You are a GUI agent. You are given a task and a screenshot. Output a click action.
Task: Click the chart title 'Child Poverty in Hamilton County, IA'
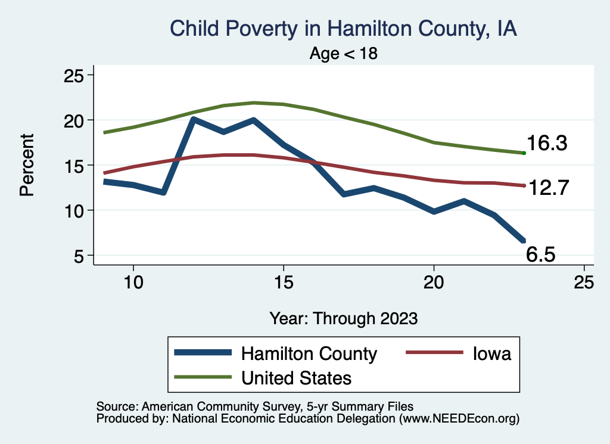(343, 29)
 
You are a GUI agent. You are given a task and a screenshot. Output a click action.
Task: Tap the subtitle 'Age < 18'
(344, 54)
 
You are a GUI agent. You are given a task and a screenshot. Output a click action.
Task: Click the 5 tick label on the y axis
(77, 256)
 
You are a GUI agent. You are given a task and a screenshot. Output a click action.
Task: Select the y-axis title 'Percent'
(27, 165)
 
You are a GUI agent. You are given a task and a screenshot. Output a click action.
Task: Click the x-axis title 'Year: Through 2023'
(343, 318)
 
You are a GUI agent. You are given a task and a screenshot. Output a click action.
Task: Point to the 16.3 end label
(546, 144)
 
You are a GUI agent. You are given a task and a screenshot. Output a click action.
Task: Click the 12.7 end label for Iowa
(549, 188)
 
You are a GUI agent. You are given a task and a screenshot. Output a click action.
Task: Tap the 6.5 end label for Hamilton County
(541, 255)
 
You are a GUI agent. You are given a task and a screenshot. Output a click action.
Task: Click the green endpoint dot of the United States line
(524, 153)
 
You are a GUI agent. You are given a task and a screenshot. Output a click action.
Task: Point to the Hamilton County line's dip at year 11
(163, 192)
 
